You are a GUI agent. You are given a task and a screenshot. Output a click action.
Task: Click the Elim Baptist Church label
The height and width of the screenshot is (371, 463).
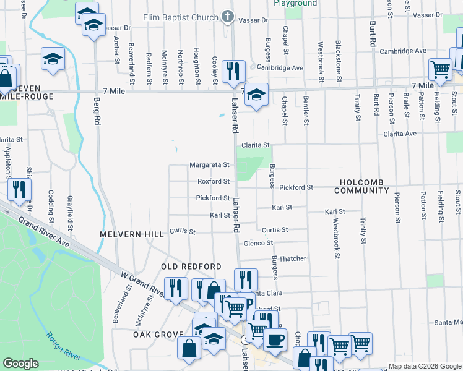tap(181, 17)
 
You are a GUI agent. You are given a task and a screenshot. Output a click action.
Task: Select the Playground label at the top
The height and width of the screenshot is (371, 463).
tap(295, 3)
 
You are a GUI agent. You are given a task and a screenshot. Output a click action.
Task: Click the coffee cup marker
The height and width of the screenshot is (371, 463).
tap(275, 339)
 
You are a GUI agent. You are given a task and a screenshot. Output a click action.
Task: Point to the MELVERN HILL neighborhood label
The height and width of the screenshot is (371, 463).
tap(132, 234)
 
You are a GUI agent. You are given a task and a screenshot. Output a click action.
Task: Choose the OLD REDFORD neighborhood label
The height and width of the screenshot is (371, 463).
tap(191, 267)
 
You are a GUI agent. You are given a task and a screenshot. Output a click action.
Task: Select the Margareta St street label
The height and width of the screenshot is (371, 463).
tap(209, 165)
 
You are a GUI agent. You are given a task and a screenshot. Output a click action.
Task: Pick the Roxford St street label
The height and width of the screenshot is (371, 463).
tap(214, 182)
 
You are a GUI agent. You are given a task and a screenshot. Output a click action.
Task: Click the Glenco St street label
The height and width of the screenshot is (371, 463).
tap(259, 243)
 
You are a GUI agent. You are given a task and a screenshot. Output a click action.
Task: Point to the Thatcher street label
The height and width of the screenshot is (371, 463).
tap(293, 258)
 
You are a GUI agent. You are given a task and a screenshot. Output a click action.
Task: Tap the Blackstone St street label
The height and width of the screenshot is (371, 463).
tap(339, 61)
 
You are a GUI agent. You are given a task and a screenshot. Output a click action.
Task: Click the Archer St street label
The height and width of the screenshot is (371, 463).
tap(116, 49)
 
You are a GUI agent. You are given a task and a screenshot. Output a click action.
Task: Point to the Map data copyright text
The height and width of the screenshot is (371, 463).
tap(425, 366)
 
